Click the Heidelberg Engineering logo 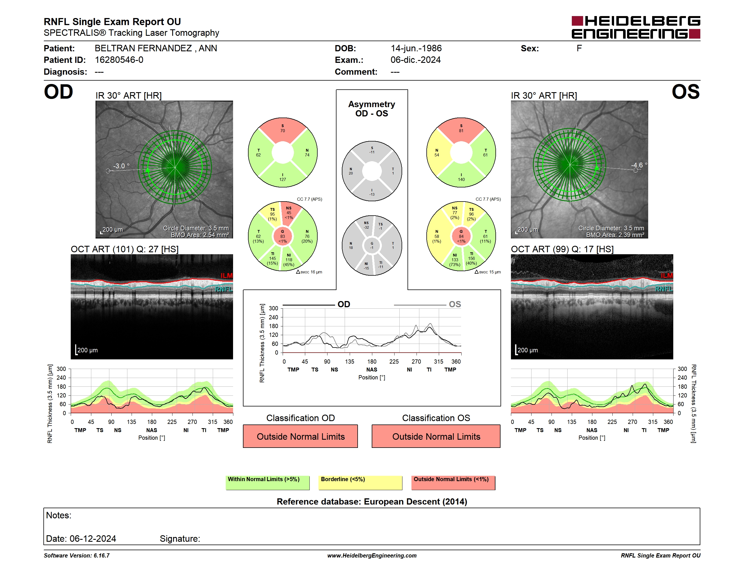[x=636, y=27]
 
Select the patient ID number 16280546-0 [x=119, y=60]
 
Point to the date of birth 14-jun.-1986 [x=416, y=48]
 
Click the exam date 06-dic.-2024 [x=416, y=60]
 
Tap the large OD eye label [x=58, y=92]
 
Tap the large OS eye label [x=685, y=92]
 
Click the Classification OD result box [x=300, y=436]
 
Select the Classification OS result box [x=436, y=436]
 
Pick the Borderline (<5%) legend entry [x=360, y=483]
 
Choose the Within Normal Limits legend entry [x=268, y=483]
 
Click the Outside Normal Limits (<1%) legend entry [x=453, y=483]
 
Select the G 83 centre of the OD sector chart [x=282, y=236]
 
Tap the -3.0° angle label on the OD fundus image [x=121, y=166]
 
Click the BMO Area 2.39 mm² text [x=615, y=235]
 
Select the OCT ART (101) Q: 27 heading [x=125, y=249]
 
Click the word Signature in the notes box [x=180, y=539]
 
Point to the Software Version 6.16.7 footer [x=77, y=556]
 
